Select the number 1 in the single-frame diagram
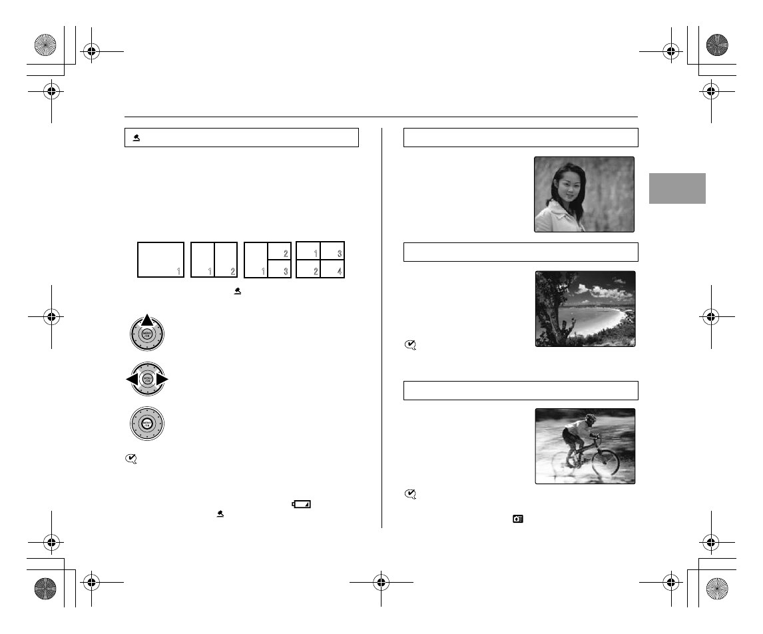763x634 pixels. point(178,271)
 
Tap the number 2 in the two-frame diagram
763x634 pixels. point(232,271)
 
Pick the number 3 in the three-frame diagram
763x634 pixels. point(286,271)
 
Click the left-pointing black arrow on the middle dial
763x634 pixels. point(131,380)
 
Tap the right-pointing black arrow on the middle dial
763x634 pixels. point(162,380)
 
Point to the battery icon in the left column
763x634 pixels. point(302,505)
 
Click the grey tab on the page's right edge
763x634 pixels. point(676,188)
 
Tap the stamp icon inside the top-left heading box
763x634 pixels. point(136,138)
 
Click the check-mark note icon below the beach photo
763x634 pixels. point(411,345)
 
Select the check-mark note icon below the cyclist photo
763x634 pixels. point(411,493)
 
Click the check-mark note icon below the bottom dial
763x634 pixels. point(132,458)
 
